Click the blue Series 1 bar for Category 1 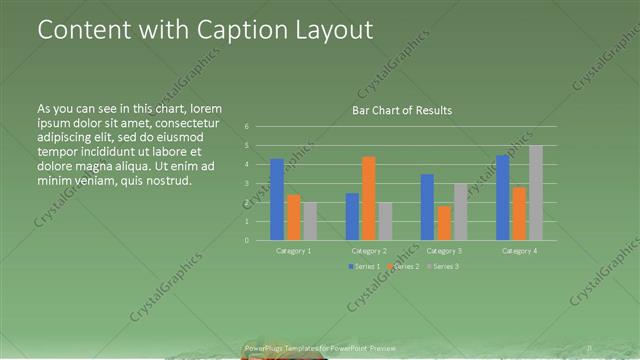pos(277,199)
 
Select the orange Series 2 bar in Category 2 pos(369,198)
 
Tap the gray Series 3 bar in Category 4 pos(536,193)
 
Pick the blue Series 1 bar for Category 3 pos(427,207)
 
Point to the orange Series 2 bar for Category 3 pos(443,223)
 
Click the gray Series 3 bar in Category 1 pos(309,221)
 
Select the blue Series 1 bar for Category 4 pos(503,198)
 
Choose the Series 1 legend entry pos(365,266)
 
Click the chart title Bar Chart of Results pos(402,110)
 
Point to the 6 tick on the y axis pos(247,127)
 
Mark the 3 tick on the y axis pos(247,184)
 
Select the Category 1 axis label pos(293,250)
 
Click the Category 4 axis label pos(520,250)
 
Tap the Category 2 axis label pos(369,250)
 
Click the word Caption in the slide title pos(222,30)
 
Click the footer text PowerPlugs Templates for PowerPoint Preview pos(319,348)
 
